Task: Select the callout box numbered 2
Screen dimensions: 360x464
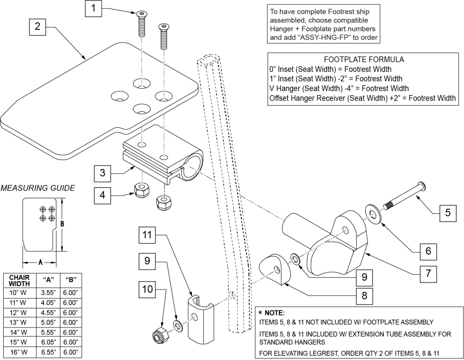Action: coord(38,27)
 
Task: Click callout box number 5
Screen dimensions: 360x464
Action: coord(447,213)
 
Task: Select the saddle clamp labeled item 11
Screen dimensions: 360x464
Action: coord(200,320)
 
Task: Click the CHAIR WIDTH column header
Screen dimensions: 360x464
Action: coord(19,280)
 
